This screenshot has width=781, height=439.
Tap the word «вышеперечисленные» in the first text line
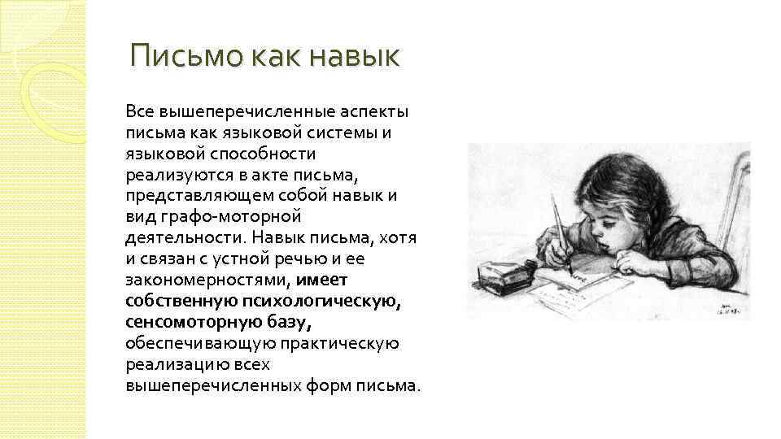(233, 111)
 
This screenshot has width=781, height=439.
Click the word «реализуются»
(172, 175)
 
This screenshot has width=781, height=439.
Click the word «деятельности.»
(185, 238)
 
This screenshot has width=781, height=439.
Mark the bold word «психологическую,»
(329, 302)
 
